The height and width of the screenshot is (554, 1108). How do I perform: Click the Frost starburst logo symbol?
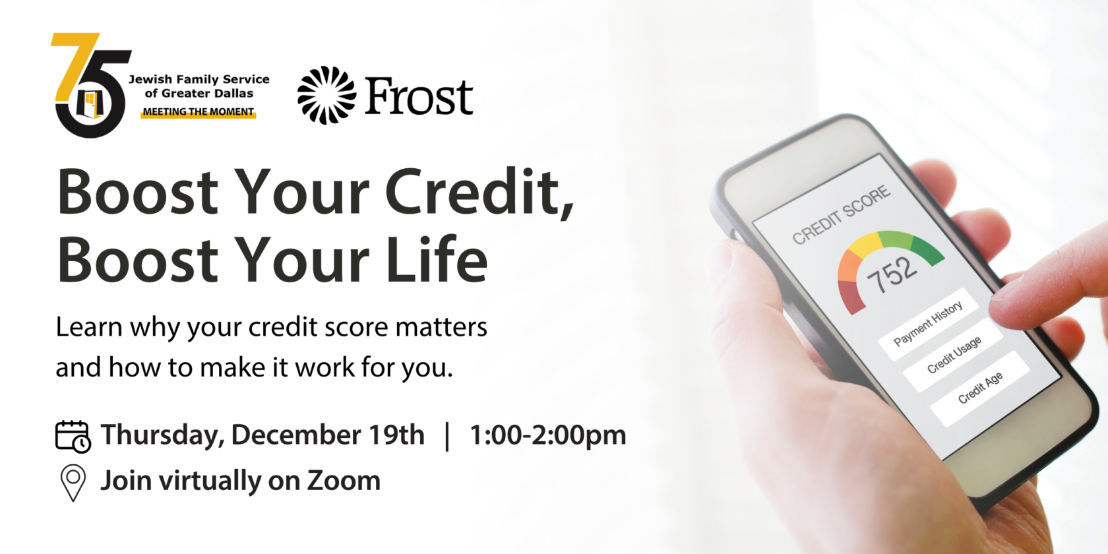[x=326, y=95]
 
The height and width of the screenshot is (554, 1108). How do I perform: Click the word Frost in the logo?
[x=419, y=96]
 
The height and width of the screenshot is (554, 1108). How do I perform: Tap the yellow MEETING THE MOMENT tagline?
[x=199, y=112]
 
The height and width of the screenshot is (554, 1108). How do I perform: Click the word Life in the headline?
[x=437, y=260]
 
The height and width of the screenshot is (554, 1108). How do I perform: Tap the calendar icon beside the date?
[x=73, y=437]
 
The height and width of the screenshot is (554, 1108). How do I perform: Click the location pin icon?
[x=73, y=482]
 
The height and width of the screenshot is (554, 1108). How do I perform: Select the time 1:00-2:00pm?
[x=547, y=435]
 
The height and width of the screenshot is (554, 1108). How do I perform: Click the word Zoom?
[x=344, y=481]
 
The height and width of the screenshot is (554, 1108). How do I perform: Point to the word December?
[x=296, y=435]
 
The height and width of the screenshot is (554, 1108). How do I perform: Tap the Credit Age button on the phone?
[x=980, y=388]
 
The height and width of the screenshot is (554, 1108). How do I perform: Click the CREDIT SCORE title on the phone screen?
[x=842, y=214]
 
